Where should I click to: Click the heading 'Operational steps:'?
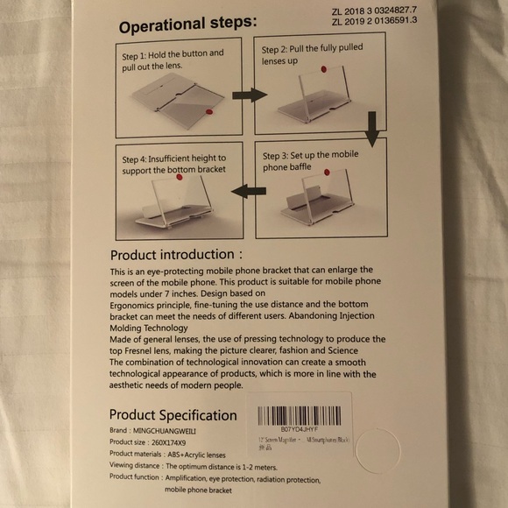(187, 25)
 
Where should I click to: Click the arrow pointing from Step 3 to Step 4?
(249, 189)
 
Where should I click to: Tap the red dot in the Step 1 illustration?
(208, 110)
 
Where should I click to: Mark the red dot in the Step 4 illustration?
(180, 177)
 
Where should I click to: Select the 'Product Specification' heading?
(173, 414)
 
